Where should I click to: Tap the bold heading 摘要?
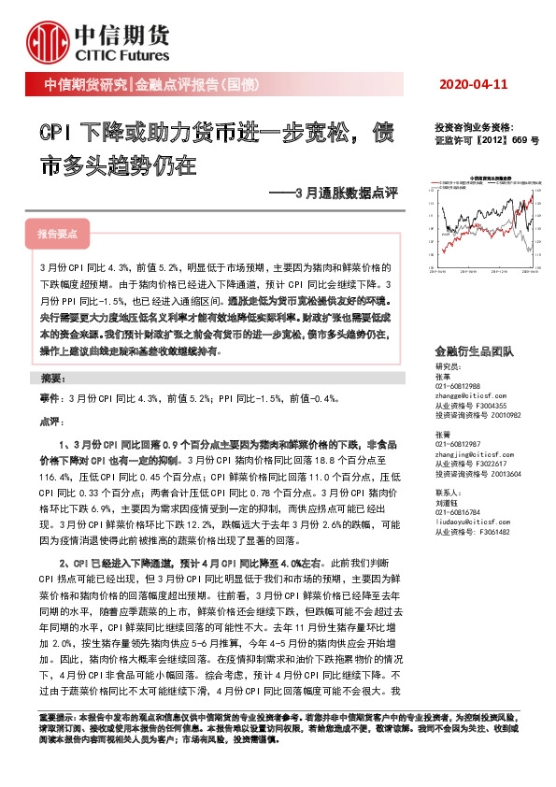(x=53, y=379)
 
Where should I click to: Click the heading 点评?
(x=50, y=422)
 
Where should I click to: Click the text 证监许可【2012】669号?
(x=487, y=139)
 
